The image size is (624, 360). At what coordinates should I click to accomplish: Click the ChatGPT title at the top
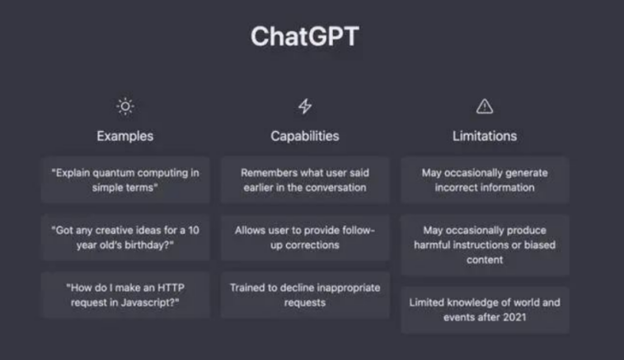(305, 36)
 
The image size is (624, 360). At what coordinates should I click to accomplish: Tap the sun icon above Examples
(125, 106)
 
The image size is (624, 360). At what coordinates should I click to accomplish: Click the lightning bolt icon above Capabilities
(305, 106)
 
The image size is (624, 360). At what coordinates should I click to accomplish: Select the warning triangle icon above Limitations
(485, 106)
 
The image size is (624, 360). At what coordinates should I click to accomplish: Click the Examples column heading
(125, 136)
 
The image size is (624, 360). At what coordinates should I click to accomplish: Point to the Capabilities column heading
(305, 136)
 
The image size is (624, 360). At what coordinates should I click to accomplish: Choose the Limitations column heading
(485, 136)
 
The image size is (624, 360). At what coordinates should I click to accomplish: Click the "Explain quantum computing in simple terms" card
(125, 180)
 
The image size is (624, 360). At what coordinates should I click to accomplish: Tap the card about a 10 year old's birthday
(125, 237)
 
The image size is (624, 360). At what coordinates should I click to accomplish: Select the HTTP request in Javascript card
(125, 295)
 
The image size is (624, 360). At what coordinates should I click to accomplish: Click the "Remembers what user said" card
(305, 180)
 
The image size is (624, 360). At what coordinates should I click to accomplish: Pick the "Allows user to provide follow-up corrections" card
(305, 237)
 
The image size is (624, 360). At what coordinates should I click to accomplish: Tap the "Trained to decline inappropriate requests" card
(305, 295)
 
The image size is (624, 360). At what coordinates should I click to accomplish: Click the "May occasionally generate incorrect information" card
(485, 180)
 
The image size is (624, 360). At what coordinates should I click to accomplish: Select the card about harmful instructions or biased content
(485, 245)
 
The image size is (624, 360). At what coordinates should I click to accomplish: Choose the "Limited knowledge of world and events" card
(485, 310)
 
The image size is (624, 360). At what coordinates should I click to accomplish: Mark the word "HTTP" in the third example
(171, 288)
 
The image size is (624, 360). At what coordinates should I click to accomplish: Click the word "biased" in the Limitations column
(540, 245)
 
